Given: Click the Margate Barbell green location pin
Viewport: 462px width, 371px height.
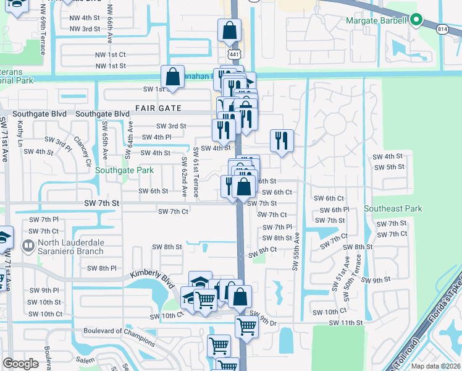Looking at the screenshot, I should [417, 20].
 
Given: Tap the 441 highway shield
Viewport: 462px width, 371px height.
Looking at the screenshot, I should [233, 55].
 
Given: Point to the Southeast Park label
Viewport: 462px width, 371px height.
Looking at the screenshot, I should [393, 209].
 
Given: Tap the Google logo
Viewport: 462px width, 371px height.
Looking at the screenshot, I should [21, 364].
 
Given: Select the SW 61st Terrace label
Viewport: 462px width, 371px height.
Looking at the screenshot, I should [196, 173].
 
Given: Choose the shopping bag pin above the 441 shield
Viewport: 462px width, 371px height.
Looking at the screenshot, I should [229, 30].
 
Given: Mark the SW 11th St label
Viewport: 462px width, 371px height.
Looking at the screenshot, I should [345, 323].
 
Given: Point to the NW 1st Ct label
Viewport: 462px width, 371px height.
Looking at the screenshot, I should [111, 54].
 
